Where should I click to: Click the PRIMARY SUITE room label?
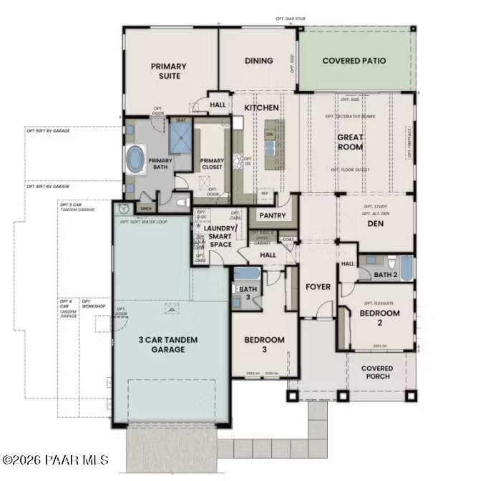[168, 72]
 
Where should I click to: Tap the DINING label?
[258, 61]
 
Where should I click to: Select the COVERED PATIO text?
[353, 61]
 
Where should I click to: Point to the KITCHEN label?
[261, 107]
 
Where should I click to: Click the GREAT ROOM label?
[351, 142]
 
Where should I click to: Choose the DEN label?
[376, 223]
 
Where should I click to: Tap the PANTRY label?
[273, 215]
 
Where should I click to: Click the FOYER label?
[318, 287]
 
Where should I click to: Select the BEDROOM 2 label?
[379, 318]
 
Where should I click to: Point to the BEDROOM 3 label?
[264, 344]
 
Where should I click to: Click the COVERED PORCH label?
[376, 373]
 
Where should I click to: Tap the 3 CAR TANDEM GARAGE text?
[168, 344]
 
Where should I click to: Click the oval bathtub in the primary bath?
[135, 157]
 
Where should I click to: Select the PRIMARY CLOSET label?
[212, 164]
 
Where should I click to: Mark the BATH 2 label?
[385, 274]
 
